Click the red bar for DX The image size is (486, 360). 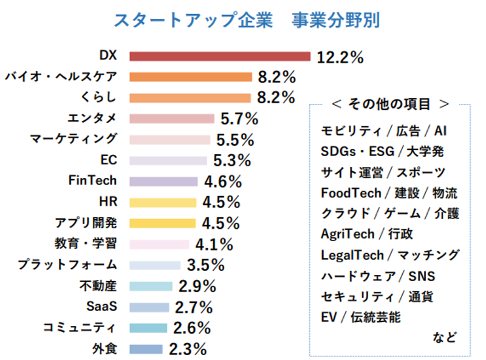coord(220,56)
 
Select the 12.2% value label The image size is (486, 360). coord(340,57)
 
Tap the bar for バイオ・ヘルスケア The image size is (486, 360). coord(191,77)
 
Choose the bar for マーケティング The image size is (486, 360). coord(170,140)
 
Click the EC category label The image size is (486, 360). coord(108,160)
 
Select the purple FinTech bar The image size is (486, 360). coord(164,182)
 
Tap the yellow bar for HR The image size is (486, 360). coord(163,202)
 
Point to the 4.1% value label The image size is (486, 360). coord(214,245)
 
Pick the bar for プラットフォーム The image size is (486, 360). coord(156,265)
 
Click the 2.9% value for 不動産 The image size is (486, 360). coord(197,286)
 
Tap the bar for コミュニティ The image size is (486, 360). coord(148,328)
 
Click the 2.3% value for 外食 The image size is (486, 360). coord(187,349)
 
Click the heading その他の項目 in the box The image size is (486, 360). coord(389,104)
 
